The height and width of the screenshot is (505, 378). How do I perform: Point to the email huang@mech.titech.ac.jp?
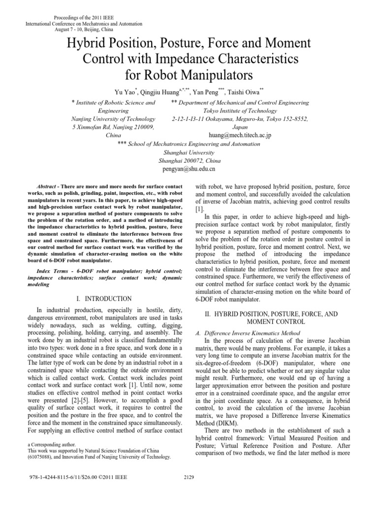(240, 135)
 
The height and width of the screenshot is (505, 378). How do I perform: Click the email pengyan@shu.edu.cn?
(189, 169)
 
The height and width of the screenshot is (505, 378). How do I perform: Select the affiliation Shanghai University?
(189, 152)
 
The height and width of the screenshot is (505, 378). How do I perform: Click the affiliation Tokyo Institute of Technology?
(240, 111)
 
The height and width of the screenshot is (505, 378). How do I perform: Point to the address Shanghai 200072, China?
(189, 160)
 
